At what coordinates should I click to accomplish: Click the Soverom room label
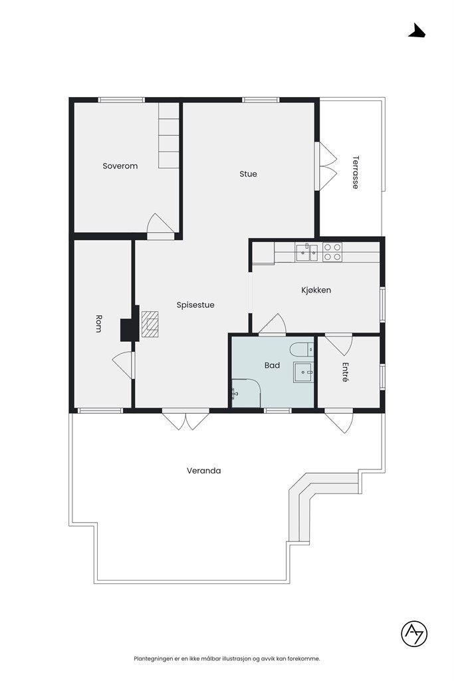point(120,166)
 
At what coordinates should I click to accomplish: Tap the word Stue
point(248,174)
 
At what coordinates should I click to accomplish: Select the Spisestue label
point(195,305)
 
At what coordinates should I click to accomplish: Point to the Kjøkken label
point(316,290)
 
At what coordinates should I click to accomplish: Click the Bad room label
point(272,366)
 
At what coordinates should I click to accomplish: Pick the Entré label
point(346,372)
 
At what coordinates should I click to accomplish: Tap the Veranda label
point(204,471)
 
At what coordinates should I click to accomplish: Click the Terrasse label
point(356,172)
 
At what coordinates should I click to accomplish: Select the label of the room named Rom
point(98,324)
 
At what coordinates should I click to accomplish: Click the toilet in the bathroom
point(302,348)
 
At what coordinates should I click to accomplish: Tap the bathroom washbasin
point(303,372)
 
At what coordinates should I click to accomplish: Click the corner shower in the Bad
point(246,393)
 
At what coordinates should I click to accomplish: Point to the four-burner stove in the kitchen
point(332,252)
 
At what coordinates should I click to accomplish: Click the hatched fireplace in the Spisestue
point(150,324)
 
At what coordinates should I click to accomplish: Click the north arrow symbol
point(417,31)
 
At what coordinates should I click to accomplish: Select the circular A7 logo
point(414,634)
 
